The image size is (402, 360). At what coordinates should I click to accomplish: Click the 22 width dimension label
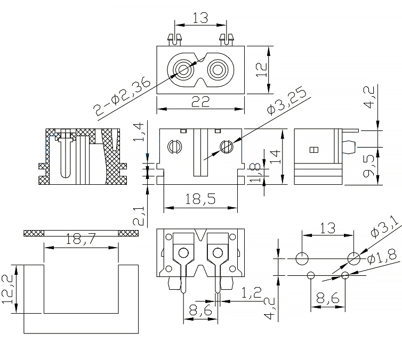(x=200, y=103)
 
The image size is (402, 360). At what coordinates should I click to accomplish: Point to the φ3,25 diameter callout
(x=287, y=101)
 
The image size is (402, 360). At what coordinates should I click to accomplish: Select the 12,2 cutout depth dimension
(x=7, y=289)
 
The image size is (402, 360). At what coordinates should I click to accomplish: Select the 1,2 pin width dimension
(x=251, y=293)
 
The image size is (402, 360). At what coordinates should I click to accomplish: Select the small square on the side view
(x=313, y=150)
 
